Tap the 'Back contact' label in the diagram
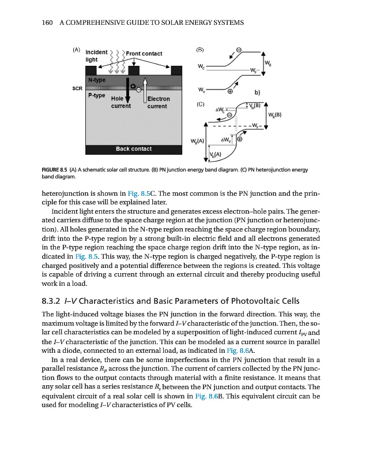134,149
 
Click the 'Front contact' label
144,54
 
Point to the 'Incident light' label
95,56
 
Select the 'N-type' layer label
96,79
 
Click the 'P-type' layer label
96,95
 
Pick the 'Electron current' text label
158,103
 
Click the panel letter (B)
201,50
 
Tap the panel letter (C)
201,105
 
